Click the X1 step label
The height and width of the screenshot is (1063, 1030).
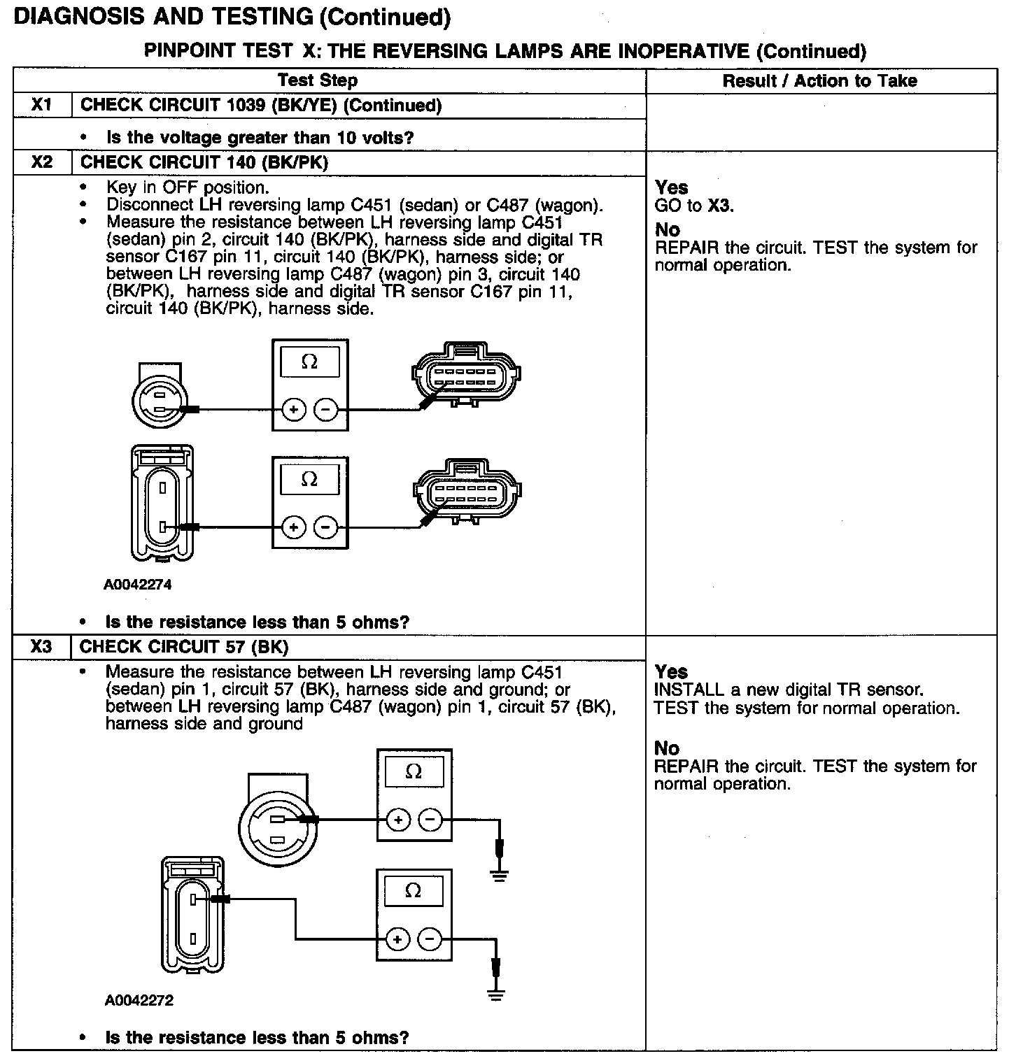(x=42, y=106)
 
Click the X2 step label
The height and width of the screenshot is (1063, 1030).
(x=42, y=162)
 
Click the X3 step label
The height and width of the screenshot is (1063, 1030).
(x=42, y=647)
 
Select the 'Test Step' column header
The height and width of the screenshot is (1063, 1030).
(x=318, y=80)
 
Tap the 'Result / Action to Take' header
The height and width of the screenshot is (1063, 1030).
(x=819, y=81)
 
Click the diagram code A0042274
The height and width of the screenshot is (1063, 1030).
(x=138, y=585)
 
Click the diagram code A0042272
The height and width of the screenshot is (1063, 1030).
(x=139, y=1001)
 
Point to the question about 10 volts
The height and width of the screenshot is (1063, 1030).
(x=260, y=138)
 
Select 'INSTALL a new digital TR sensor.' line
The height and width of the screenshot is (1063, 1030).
(x=789, y=690)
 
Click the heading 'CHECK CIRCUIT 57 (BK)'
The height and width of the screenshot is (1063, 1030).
(x=184, y=647)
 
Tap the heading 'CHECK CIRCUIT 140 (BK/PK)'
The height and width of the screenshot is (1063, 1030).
(x=204, y=162)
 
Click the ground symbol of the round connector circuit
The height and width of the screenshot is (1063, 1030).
(x=499, y=875)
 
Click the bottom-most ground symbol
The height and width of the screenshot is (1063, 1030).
(x=496, y=995)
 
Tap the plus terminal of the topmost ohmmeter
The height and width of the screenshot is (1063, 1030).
(x=294, y=410)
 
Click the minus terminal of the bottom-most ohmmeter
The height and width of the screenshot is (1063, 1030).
(x=430, y=939)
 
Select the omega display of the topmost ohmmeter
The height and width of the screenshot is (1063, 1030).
(x=309, y=362)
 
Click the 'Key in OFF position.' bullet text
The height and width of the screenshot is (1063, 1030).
(x=188, y=187)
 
